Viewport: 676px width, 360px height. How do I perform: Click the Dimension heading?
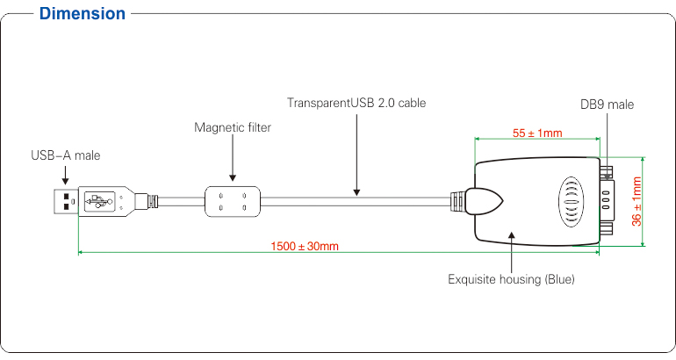coord(82,14)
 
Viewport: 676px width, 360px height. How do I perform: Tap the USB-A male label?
coord(66,155)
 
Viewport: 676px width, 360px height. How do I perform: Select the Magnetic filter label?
coord(233,127)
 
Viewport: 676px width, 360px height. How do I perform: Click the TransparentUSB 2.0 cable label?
coord(356,103)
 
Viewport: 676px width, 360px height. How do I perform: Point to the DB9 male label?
coord(607,104)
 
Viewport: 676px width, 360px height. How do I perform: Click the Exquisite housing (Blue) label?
coord(511,279)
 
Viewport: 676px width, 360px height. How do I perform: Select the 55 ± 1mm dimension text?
coord(537,133)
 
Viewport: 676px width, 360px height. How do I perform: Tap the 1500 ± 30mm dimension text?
coord(305,247)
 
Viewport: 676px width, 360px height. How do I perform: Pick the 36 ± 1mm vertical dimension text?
coord(636,201)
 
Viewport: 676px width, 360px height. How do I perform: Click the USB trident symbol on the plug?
coord(98,201)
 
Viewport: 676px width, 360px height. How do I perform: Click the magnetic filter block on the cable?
coord(233,201)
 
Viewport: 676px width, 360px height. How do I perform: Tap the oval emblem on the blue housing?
coord(572,202)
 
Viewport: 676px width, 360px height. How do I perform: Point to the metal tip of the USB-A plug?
coord(66,201)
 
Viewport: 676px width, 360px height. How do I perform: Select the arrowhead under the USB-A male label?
coord(65,182)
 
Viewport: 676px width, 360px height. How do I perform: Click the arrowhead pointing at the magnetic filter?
coord(233,177)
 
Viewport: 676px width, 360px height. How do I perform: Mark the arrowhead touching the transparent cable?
coord(356,192)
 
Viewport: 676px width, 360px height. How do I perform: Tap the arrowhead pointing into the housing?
coord(511,235)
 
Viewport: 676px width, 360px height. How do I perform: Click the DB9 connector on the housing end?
coord(606,200)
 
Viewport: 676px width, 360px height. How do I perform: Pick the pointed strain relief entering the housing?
coord(484,201)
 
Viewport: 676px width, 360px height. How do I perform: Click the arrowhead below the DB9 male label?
coord(607,176)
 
